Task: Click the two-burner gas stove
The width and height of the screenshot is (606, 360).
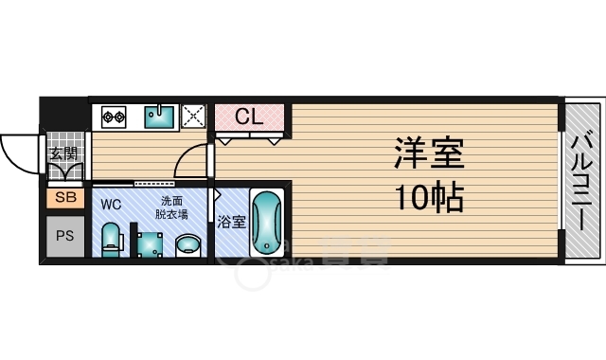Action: pyautogui.click(x=115, y=117)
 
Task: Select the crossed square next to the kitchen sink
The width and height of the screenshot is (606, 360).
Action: pyautogui.click(x=194, y=117)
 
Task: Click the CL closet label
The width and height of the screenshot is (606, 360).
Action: pyautogui.click(x=249, y=117)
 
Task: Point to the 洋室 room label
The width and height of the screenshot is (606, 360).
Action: pyautogui.click(x=430, y=153)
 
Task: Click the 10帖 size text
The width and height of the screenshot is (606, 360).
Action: pyautogui.click(x=428, y=198)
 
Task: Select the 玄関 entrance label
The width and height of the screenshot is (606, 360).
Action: pyautogui.click(x=64, y=153)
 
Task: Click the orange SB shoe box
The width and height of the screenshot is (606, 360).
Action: pyautogui.click(x=64, y=198)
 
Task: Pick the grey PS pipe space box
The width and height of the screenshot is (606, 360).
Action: pyautogui.click(x=64, y=235)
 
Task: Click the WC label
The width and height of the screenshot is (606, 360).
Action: pyautogui.click(x=111, y=203)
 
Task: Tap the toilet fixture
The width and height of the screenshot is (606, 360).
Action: pyautogui.click(x=111, y=238)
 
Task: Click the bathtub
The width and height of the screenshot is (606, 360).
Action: pyautogui.click(x=267, y=223)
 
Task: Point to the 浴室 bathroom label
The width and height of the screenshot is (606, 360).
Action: pyautogui.click(x=231, y=223)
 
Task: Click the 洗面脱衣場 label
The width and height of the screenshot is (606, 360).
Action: pyautogui.click(x=171, y=207)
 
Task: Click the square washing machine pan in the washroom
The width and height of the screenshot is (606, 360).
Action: pyautogui.click(x=149, y=243)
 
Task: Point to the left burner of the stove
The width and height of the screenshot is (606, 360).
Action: pyautogui.click(x=107, y=117)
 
